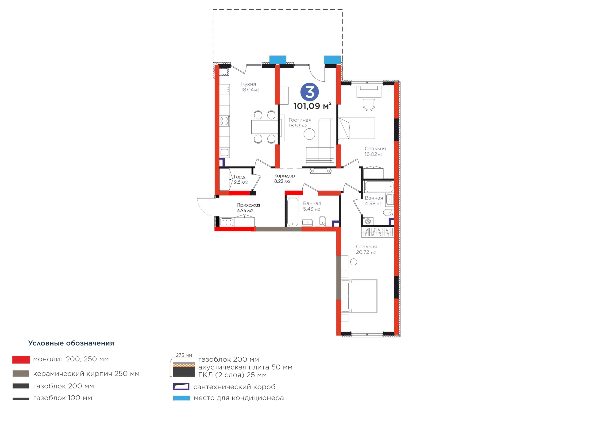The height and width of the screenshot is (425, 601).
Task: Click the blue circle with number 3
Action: click(x=310, y=92)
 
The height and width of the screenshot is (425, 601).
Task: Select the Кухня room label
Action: click(x=248, y=84)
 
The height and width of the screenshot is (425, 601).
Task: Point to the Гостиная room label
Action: click(x=300, y=120)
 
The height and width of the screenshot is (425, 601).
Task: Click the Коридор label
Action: click(x=285, y=176)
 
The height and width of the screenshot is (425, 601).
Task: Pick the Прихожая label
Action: click(x=248, y=205)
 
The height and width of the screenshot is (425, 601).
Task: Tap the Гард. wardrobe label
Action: click(x=240, y=177)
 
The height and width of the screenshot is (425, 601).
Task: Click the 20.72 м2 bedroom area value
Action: click(x=366, y=252)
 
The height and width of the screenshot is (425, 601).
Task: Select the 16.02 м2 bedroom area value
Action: click(x=374, y=154)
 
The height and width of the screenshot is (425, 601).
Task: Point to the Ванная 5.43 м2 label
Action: click(x=312, y=206)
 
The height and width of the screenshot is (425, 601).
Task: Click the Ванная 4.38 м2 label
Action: click(x=374, y=201)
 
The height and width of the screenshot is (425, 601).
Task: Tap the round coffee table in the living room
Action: click(x=309, y=134)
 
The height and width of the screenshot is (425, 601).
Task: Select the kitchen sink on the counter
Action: click(x=224, y=152)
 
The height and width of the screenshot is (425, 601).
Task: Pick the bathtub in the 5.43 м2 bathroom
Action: click(x=292, y=212)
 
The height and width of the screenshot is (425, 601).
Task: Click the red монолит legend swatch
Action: click(x=21, y=359)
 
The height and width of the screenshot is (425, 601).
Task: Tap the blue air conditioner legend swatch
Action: click(x=181, y=398)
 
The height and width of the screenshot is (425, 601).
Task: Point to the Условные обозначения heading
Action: click(x=71, y=343)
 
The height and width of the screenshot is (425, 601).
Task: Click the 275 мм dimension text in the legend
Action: click(x=184, y=355)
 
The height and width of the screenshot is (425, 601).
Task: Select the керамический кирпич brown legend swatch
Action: click(x=21, y=373)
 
